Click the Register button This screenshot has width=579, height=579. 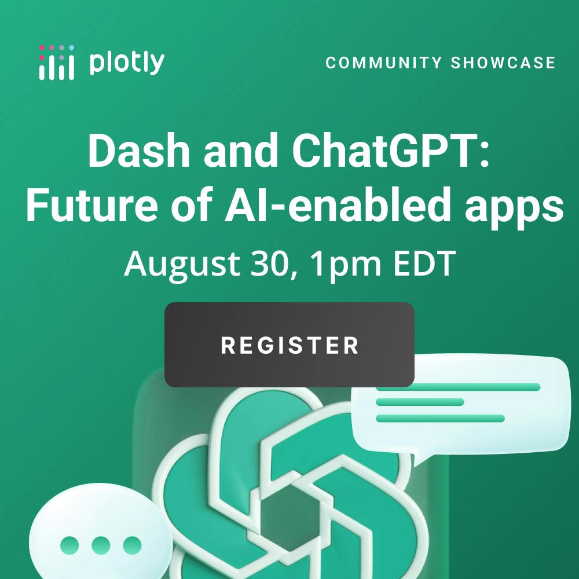(289, 345)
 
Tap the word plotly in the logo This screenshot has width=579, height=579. (127, 63)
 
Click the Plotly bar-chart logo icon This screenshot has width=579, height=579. (57, 63)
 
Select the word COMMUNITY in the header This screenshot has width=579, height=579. (383, 63)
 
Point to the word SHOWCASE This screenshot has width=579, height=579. (503, 63)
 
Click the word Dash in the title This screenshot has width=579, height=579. (138, 151)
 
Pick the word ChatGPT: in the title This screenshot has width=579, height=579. (391, 151)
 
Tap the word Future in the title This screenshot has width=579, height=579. (91, 204)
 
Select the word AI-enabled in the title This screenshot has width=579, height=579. (338, 204)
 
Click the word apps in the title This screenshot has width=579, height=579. (514, 208)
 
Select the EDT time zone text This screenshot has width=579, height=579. (424, 263)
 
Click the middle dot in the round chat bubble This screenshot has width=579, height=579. (101, 545)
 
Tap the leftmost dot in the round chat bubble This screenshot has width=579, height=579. (69, 545)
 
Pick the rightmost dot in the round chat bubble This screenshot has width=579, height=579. (132, 545)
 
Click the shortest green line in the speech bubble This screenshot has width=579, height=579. (420, 402)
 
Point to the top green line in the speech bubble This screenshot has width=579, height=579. (458, 387)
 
